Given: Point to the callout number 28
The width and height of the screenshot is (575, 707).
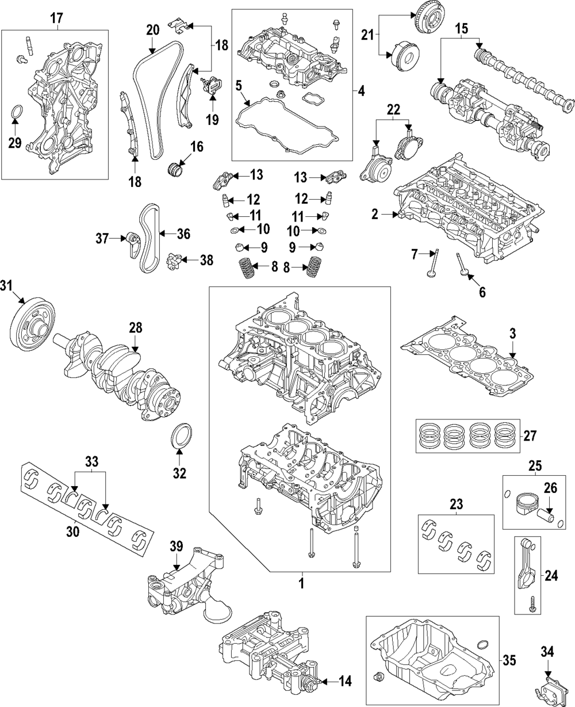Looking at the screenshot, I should (135, 328).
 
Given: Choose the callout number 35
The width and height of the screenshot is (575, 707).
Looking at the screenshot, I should (509, 660).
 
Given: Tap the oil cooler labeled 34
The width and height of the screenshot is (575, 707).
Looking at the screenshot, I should (546, 687).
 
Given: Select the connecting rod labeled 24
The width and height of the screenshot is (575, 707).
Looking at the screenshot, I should (526, 571).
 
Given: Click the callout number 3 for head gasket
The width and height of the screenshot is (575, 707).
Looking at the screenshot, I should (513, 333).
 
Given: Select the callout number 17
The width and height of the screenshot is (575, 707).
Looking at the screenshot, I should (56, 18).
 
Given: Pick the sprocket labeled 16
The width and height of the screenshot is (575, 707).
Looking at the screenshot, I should (175, 170).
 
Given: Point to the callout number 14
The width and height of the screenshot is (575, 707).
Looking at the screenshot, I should (344, 682).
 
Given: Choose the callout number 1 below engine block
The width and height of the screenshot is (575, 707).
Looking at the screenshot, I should (301, 583).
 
